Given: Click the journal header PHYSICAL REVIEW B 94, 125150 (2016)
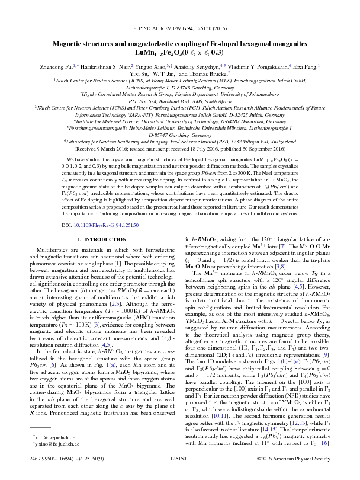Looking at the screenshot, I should coord(179,28).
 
